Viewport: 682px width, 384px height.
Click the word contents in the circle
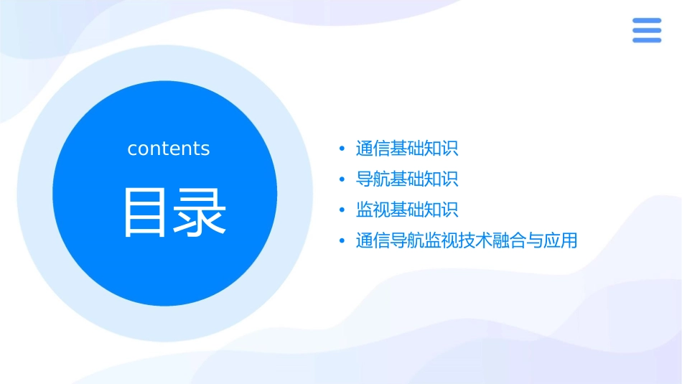[x=168, y=149]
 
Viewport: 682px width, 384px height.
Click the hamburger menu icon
[x=647, y=30]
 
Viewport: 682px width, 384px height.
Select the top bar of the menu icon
[x=647, y=20]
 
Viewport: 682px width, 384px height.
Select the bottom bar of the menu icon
[x=647, y=40]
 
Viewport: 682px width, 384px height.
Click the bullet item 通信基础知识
[x=407, y=149]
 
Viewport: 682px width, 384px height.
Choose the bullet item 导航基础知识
[x=407, y=179]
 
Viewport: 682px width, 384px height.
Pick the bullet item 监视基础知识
[x=407, y=210]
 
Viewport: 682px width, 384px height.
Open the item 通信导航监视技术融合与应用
[x=467, y=240]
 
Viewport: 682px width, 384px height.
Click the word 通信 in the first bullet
[x=373, y=149]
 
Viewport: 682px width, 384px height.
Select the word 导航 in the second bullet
[x=373, y=179]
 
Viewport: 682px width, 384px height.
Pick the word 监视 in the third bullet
[x=373, y=210]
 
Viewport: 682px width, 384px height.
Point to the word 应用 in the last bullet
[x=561, y=240]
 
